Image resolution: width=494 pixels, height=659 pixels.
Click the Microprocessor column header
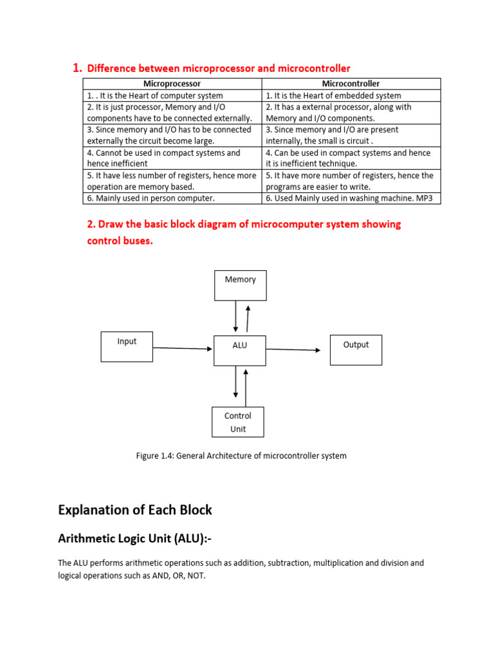click(x=172, y=84)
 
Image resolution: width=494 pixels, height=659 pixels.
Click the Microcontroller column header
click(x=351, y=84)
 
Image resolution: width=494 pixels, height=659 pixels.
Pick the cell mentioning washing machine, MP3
click(x=351, y=198)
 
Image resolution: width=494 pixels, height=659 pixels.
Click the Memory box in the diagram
click(x=240, y=285)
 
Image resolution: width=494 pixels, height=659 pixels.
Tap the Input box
click(x=127, y=346)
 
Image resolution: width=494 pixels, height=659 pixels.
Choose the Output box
click(x=356, y=349)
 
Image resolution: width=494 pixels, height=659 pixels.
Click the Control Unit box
click(x=238, y=422)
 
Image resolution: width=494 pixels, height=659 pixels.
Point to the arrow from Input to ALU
click(x=183, y=348)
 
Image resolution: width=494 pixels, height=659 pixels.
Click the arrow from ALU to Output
click(x=293, y=349)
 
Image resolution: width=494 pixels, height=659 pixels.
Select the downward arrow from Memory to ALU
click(x=236, y=317)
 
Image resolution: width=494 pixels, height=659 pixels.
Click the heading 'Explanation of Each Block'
click(x=134, y=510)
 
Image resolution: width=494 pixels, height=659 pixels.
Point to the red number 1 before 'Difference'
click(x=77, y=68)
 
